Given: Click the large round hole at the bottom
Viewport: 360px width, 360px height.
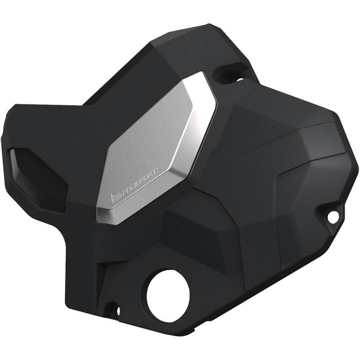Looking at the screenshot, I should (167, 296).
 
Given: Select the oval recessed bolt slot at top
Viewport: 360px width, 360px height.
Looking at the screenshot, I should (230, 74).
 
